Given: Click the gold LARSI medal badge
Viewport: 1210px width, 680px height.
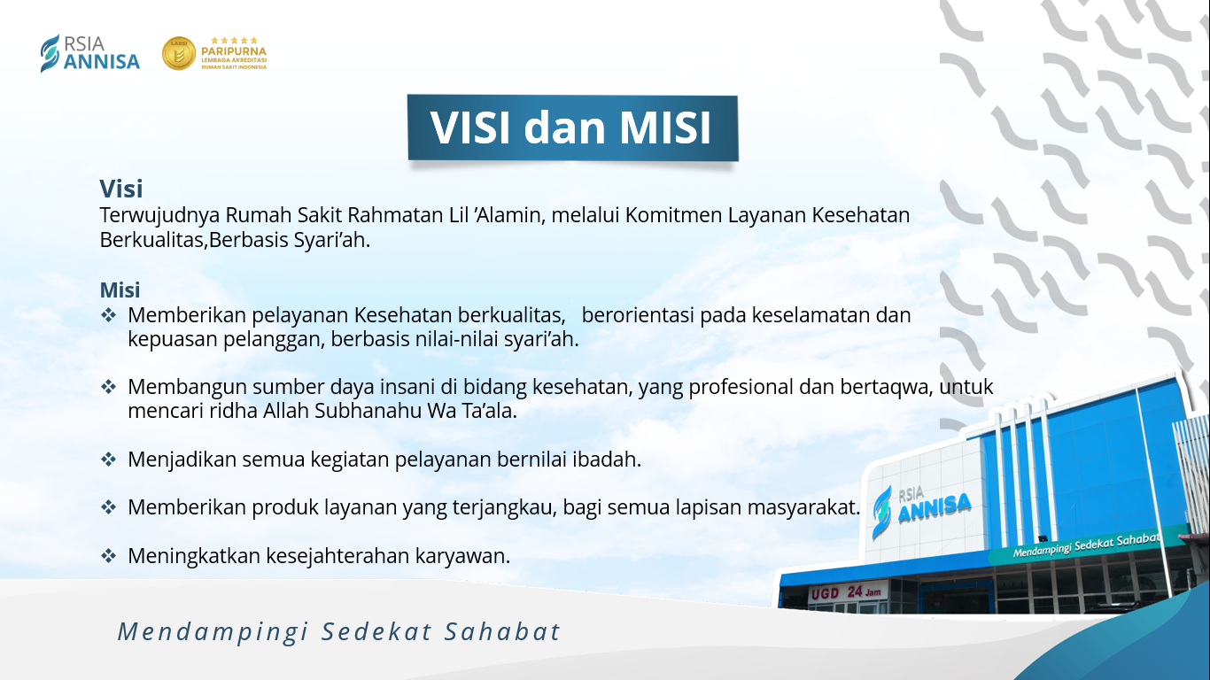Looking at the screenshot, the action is coord(179,53).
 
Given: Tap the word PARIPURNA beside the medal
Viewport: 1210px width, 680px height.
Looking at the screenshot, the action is coord(234,51).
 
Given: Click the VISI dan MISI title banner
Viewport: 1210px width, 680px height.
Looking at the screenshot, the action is coord(572,128).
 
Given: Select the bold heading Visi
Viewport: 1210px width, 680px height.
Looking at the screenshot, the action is coord(121,189).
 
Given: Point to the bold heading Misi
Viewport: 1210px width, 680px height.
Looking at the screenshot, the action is coord(120,290).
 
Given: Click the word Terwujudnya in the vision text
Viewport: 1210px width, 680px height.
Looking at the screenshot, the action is coord(160,216).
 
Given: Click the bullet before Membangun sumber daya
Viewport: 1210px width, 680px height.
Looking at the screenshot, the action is coord(109,387).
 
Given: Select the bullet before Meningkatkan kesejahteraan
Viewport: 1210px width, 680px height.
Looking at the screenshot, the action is coord(109,555).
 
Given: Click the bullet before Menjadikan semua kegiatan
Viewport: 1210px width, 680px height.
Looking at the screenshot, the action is coord(109,460).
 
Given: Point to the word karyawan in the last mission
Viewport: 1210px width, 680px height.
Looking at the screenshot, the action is coord(462,556).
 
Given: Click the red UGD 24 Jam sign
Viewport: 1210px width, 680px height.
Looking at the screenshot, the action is coord(847,592).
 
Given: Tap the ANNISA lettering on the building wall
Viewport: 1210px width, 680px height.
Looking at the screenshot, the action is coord(935,508).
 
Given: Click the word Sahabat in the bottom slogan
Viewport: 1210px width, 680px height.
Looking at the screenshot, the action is coord(502,631).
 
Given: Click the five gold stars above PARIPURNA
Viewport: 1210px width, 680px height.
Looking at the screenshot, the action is coord(234,40).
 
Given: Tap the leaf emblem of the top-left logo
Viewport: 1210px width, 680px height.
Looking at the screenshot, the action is coord(50,53).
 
